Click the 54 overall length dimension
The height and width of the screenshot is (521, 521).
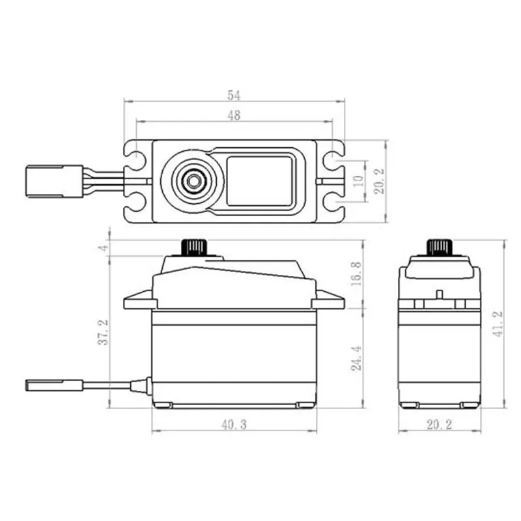[x=234, y=95]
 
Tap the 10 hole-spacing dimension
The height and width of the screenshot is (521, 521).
[x=356, y=180]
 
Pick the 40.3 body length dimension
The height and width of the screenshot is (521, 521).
[x=233, y=425]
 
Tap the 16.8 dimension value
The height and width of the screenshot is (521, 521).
[x=356, y=275]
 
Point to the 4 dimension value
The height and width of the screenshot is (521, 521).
[x=103, y=248]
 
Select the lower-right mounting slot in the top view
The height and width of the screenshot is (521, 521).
[x=333, y=204]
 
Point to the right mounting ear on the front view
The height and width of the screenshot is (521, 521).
[x=328, y=301]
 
